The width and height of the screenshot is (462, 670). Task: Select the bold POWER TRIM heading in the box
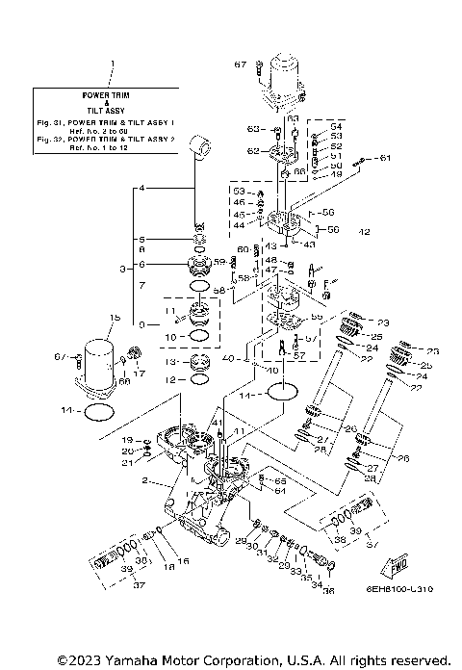[x=114, y=97]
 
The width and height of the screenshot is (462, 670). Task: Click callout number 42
[x=364, y=232]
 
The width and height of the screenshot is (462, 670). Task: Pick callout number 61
[x=385, y=157]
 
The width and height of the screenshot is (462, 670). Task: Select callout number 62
[x=253, y=151]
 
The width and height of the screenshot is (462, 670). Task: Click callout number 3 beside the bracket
[x=120, y=270]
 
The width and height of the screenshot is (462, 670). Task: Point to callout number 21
[x=127, y=463]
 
